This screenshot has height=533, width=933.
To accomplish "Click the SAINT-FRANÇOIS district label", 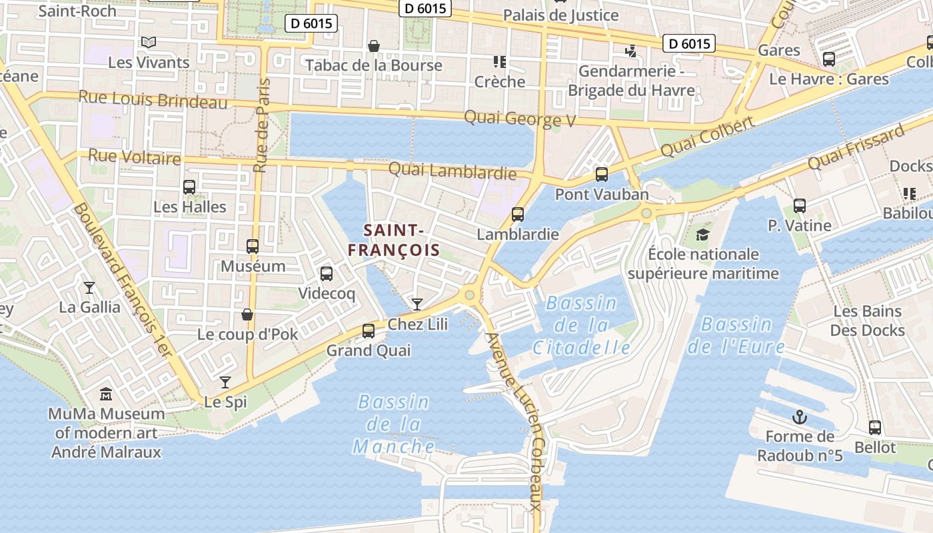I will pos(394,241).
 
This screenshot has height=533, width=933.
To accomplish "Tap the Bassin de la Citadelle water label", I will pos(581,325).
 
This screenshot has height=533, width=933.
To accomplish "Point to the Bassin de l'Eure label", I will pos(736,335).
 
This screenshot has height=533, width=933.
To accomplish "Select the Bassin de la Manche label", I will pos(394,424).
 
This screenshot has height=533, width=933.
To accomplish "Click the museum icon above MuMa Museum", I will pos(106,394).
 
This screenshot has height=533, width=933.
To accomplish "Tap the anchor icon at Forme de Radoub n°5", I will pos(799,418).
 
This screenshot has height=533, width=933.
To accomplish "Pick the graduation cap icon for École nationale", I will pos(702,235).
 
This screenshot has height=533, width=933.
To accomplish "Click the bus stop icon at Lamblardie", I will pos(518,215).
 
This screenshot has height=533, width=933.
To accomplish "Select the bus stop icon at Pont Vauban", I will pos(602,175).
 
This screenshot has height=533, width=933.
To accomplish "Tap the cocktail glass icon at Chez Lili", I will pos(417,304).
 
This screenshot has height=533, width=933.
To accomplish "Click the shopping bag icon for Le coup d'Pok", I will pos(247,314).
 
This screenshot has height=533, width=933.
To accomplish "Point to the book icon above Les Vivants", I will pos(149,43).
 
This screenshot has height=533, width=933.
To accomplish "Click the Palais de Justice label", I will pos(560,15).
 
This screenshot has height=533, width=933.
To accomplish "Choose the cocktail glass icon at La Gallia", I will pos(89,287).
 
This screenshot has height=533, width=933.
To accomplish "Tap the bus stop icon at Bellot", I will pos(875,428).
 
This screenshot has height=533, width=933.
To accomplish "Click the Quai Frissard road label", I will pos(856,147).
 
